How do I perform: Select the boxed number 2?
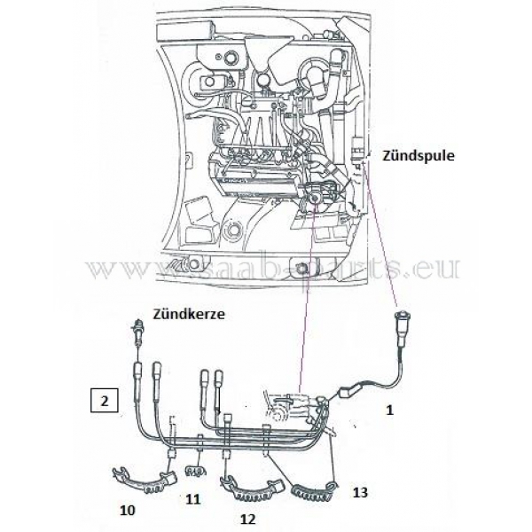point(105,401)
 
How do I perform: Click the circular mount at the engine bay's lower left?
point(236,231)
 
